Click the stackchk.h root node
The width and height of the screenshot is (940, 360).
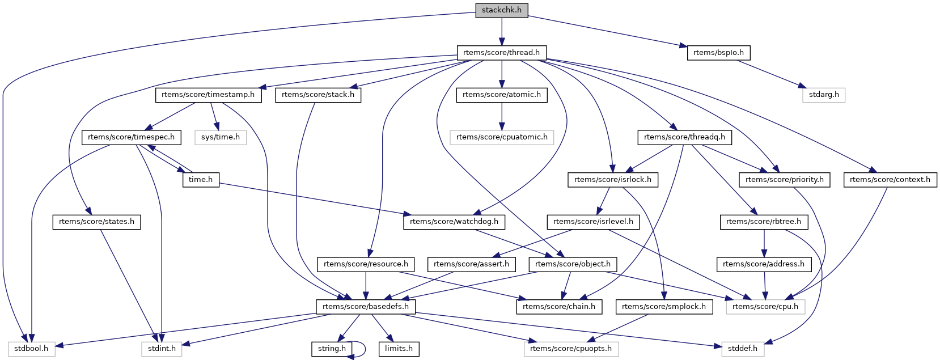tap(501, 10)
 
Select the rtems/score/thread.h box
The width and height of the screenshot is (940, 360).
tap(501, 53)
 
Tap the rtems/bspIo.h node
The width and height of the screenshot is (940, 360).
tap(718, 53)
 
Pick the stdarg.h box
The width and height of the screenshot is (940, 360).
tap(823, 95)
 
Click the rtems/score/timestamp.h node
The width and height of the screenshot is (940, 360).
tap(208, 95)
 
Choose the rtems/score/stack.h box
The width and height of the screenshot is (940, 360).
tap(317, 95)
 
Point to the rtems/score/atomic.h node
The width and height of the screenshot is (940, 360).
tap(501, 95)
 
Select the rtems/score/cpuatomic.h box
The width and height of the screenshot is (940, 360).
tap(501, 137)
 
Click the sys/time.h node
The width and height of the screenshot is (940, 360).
tap(220, 137)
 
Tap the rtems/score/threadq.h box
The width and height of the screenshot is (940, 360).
tap(684, 137)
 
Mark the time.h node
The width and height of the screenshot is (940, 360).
tap(201, 180)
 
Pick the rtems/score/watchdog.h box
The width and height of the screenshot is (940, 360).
tap(454, 222)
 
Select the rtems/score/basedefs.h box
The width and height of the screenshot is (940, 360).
tap(366, 307)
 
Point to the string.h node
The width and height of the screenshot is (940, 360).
tap(332, 349)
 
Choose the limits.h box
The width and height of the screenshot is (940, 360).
tap(399, 349)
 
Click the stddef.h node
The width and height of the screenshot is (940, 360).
tap(742, 349)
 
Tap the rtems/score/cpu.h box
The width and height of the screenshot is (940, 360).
tap(765, 307)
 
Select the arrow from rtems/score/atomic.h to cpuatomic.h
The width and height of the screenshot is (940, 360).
tap(501, 116)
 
